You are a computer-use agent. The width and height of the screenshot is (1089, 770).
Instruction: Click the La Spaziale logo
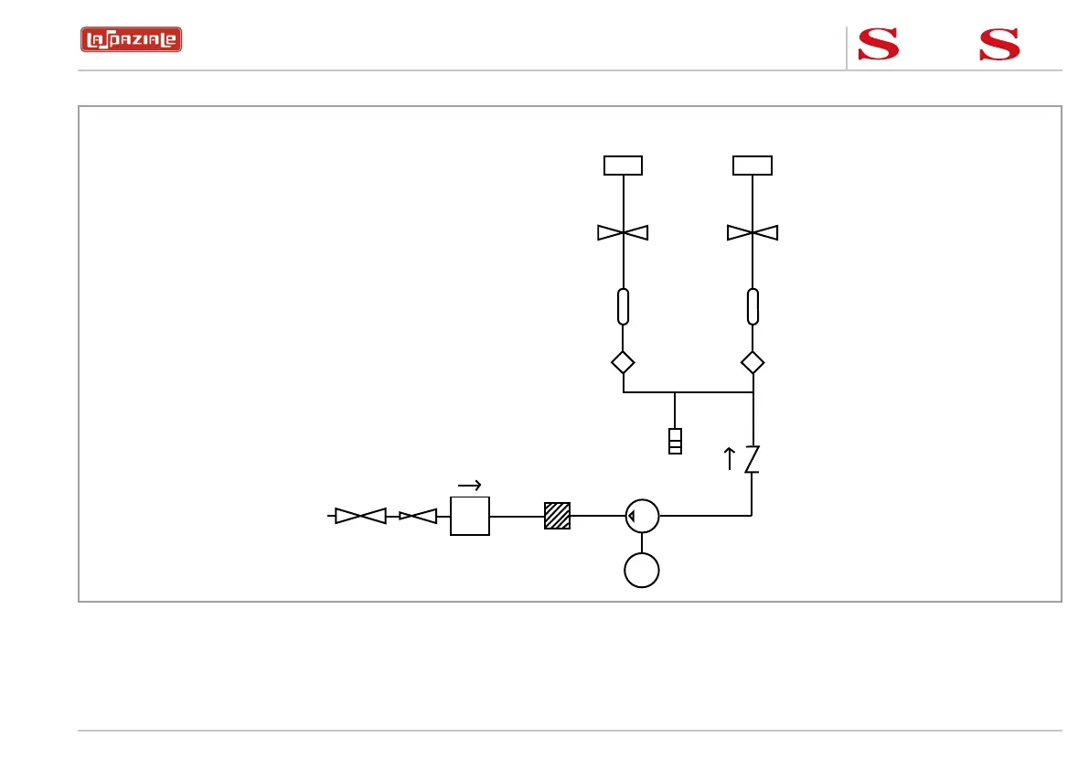click(131, 40)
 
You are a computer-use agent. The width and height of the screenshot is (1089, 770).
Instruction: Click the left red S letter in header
click(878, 44)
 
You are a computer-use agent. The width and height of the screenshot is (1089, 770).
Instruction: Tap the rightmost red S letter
click(999, 44)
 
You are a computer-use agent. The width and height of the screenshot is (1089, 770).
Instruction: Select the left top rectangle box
click(623, 166)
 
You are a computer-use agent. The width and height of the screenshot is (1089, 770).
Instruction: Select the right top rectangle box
click(753, 166)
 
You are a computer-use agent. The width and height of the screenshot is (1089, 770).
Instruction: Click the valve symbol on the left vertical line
click(623, 233)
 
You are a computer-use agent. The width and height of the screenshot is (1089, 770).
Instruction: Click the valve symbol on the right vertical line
click(753, 233)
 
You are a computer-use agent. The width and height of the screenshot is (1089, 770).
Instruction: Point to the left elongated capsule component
click(623, 306)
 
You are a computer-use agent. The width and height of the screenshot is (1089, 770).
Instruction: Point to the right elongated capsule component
click(753, 306)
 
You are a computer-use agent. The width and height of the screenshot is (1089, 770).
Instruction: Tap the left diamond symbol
click(623, 362)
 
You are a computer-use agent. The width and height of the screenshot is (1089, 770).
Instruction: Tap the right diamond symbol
click(753, 362)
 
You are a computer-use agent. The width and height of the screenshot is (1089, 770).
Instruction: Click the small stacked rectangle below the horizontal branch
click(675, 441)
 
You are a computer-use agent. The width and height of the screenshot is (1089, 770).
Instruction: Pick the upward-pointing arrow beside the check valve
click(730, 458)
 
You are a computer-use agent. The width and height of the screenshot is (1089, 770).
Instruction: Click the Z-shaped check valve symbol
click(752, 459)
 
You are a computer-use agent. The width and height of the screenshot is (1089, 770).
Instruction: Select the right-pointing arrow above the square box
click(469, 486)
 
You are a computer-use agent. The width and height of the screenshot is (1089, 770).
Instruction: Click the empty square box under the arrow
click(470, 516)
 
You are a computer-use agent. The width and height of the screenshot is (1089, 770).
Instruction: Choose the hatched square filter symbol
click(557, 516)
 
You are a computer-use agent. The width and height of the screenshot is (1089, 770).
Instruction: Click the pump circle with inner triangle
click(642, 516)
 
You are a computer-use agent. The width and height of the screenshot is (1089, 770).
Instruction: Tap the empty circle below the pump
click(642, 571)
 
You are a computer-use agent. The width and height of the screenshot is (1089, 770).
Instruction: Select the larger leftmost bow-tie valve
click(360, 516)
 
